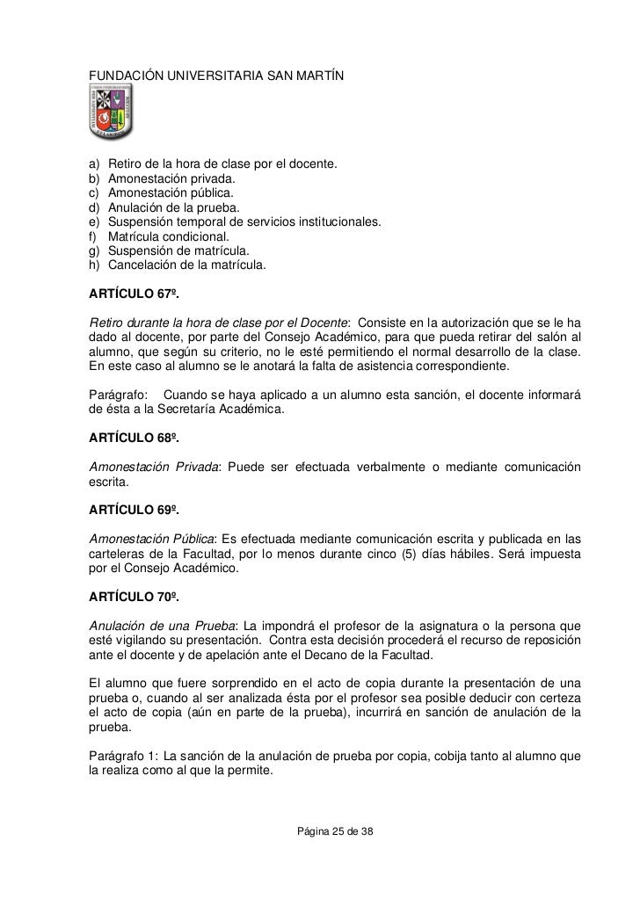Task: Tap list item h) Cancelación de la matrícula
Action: [x=184, y=265]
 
